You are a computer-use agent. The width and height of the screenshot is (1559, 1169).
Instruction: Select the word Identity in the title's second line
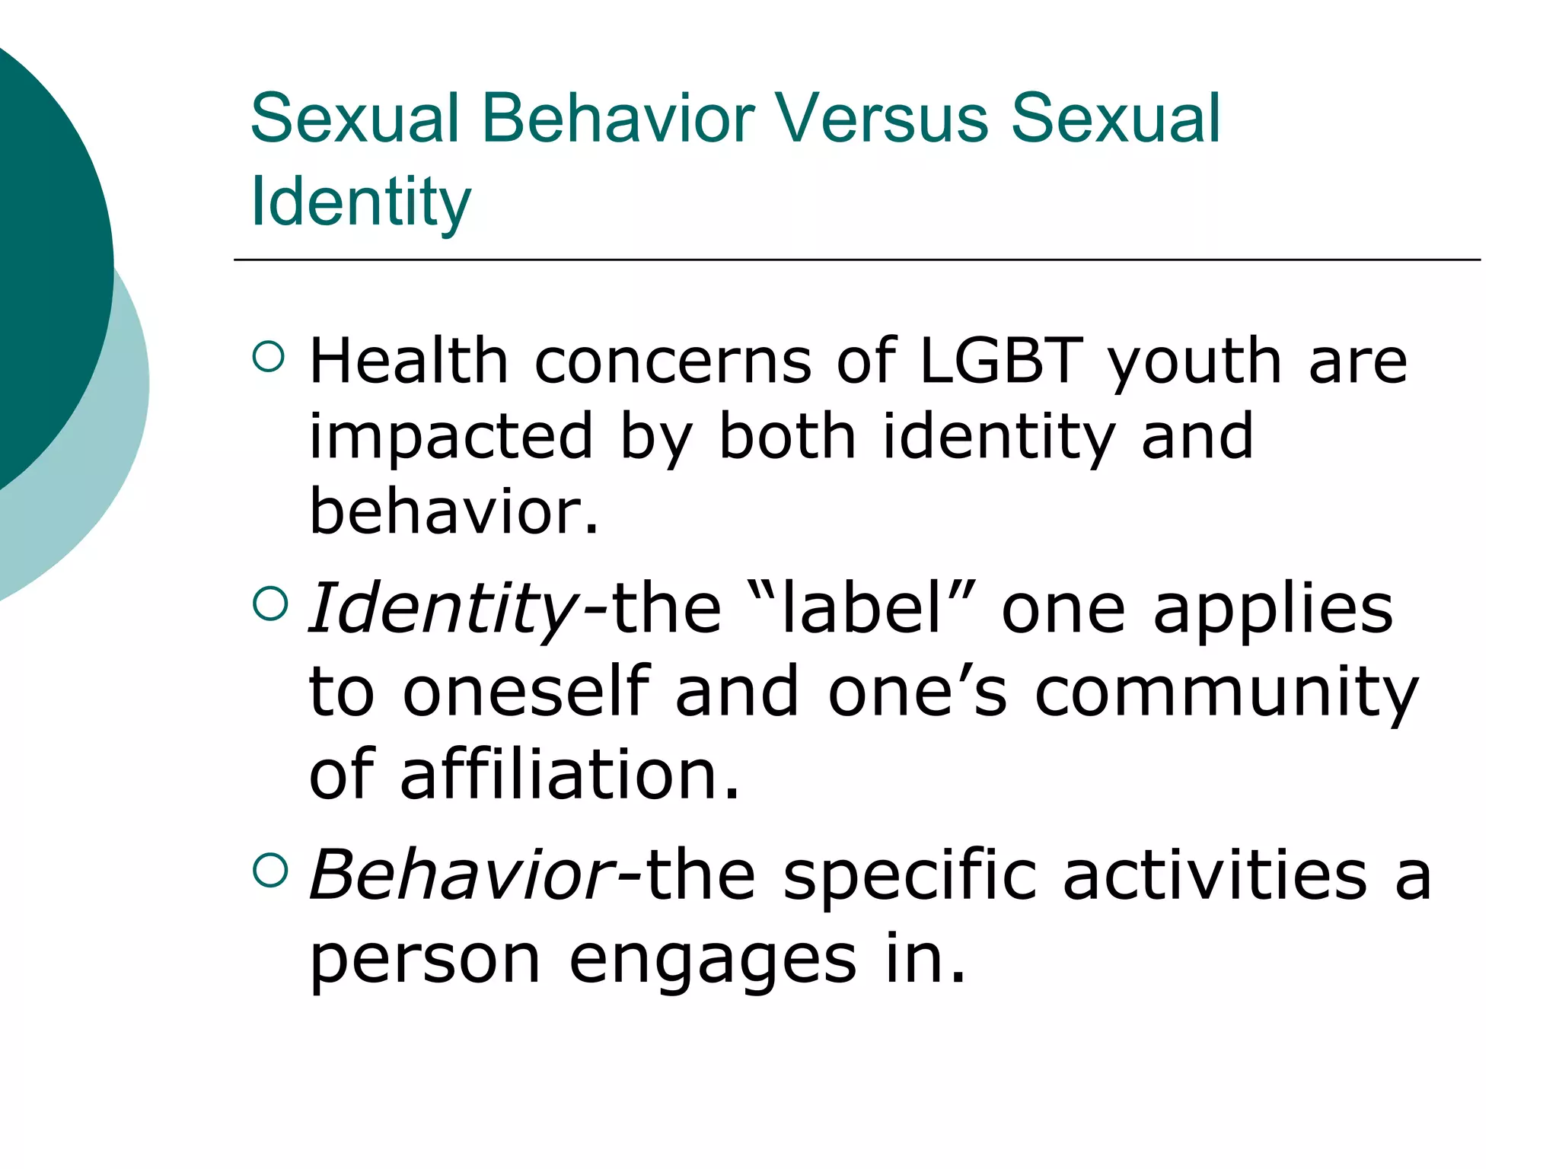361,202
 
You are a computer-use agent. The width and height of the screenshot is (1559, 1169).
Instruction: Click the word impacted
451,438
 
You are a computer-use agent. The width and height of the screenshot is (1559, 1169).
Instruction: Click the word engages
713,961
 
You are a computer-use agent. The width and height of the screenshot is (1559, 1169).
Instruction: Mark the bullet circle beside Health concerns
269,356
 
